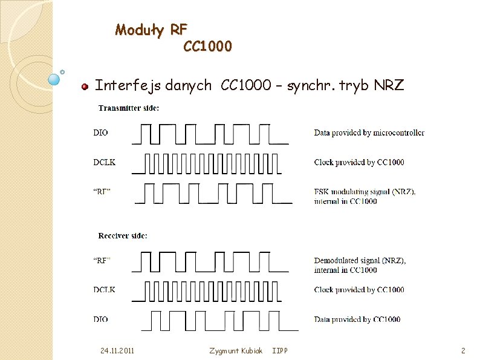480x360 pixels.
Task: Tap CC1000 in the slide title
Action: (207, 46)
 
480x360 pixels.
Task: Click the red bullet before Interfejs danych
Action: (85, 87)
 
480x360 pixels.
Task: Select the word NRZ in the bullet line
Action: (389, 85)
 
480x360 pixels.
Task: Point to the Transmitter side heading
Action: (129, 108)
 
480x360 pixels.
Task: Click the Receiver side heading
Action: (123, 235)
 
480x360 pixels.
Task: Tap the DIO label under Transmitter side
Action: (101, 133)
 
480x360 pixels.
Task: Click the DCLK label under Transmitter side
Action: (104, 162)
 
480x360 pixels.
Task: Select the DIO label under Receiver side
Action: (101, 319)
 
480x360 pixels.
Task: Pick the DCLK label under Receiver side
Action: (104, 290)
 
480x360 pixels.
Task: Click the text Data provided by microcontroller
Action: (369, 133)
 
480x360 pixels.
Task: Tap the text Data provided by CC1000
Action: (357, 319)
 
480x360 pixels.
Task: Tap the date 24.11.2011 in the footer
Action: (118, 351)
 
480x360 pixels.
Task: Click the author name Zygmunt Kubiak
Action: (236, 351)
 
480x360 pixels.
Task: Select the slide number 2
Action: (462, 351)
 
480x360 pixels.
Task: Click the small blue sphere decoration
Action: (54, 78)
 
